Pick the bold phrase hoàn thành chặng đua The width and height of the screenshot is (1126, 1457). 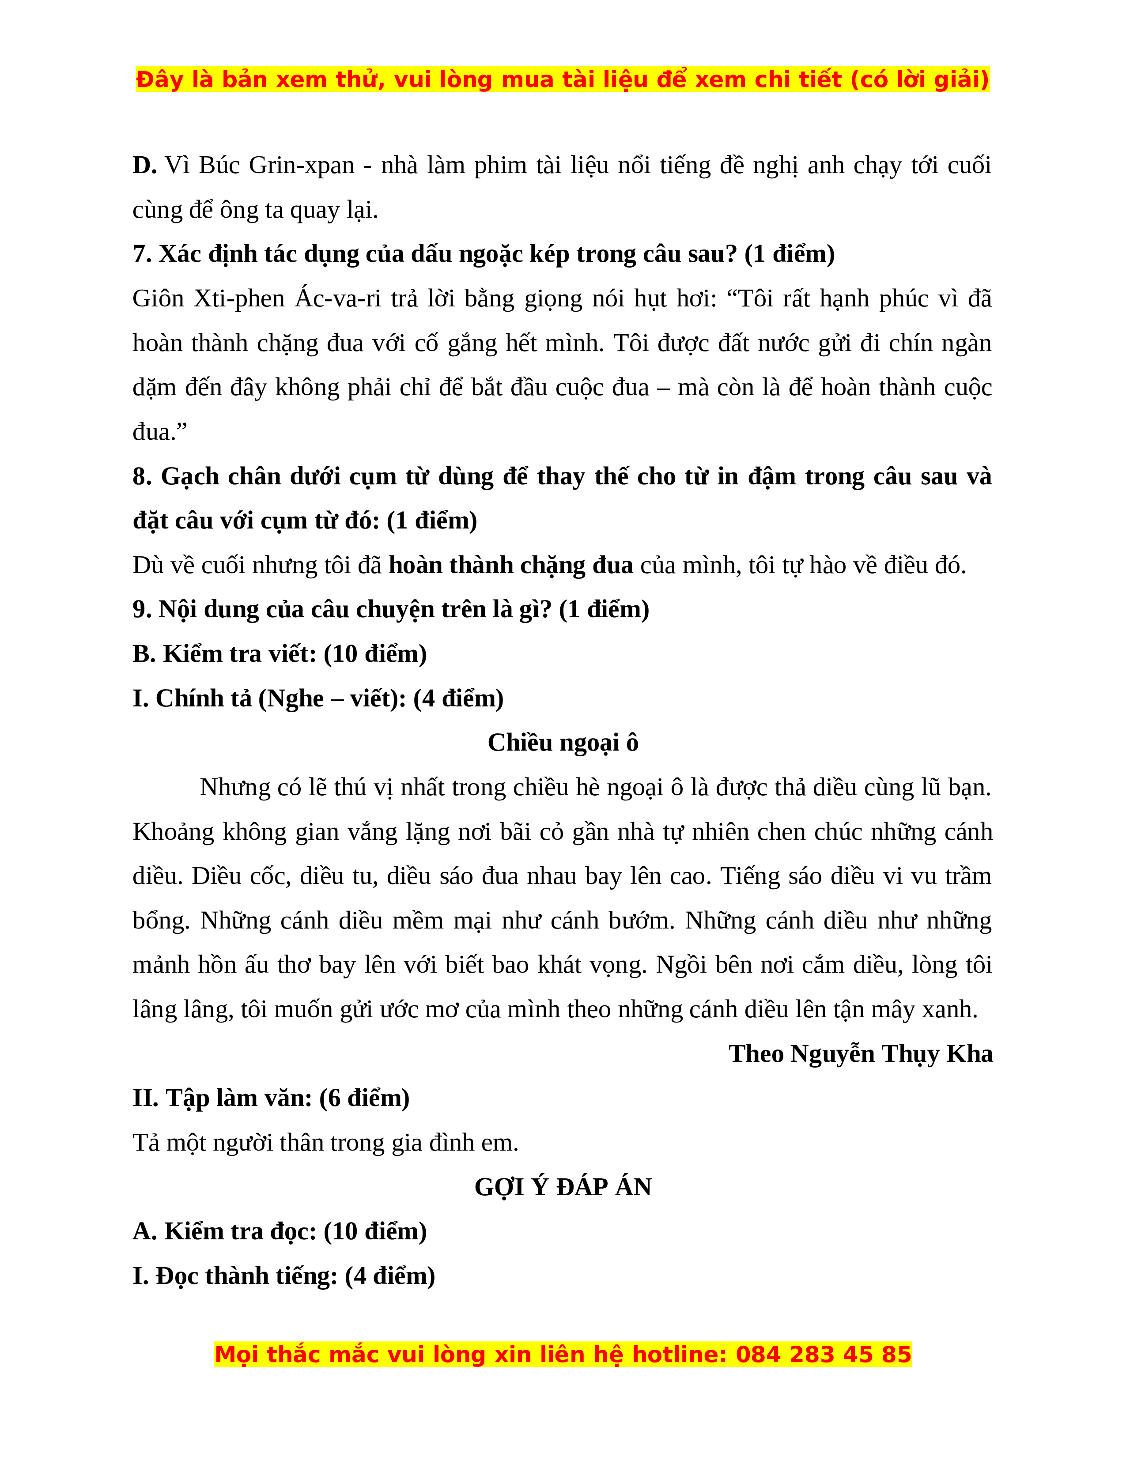click(x=511, y=565)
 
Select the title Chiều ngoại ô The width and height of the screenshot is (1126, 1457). click(x=563, y=743)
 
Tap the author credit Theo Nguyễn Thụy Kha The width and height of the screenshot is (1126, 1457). click(x=861, y=1053)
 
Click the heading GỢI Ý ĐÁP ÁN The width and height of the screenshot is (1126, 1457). click(x=563, y=1187)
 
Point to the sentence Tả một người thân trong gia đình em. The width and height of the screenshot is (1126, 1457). click(x=325, y=1143)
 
